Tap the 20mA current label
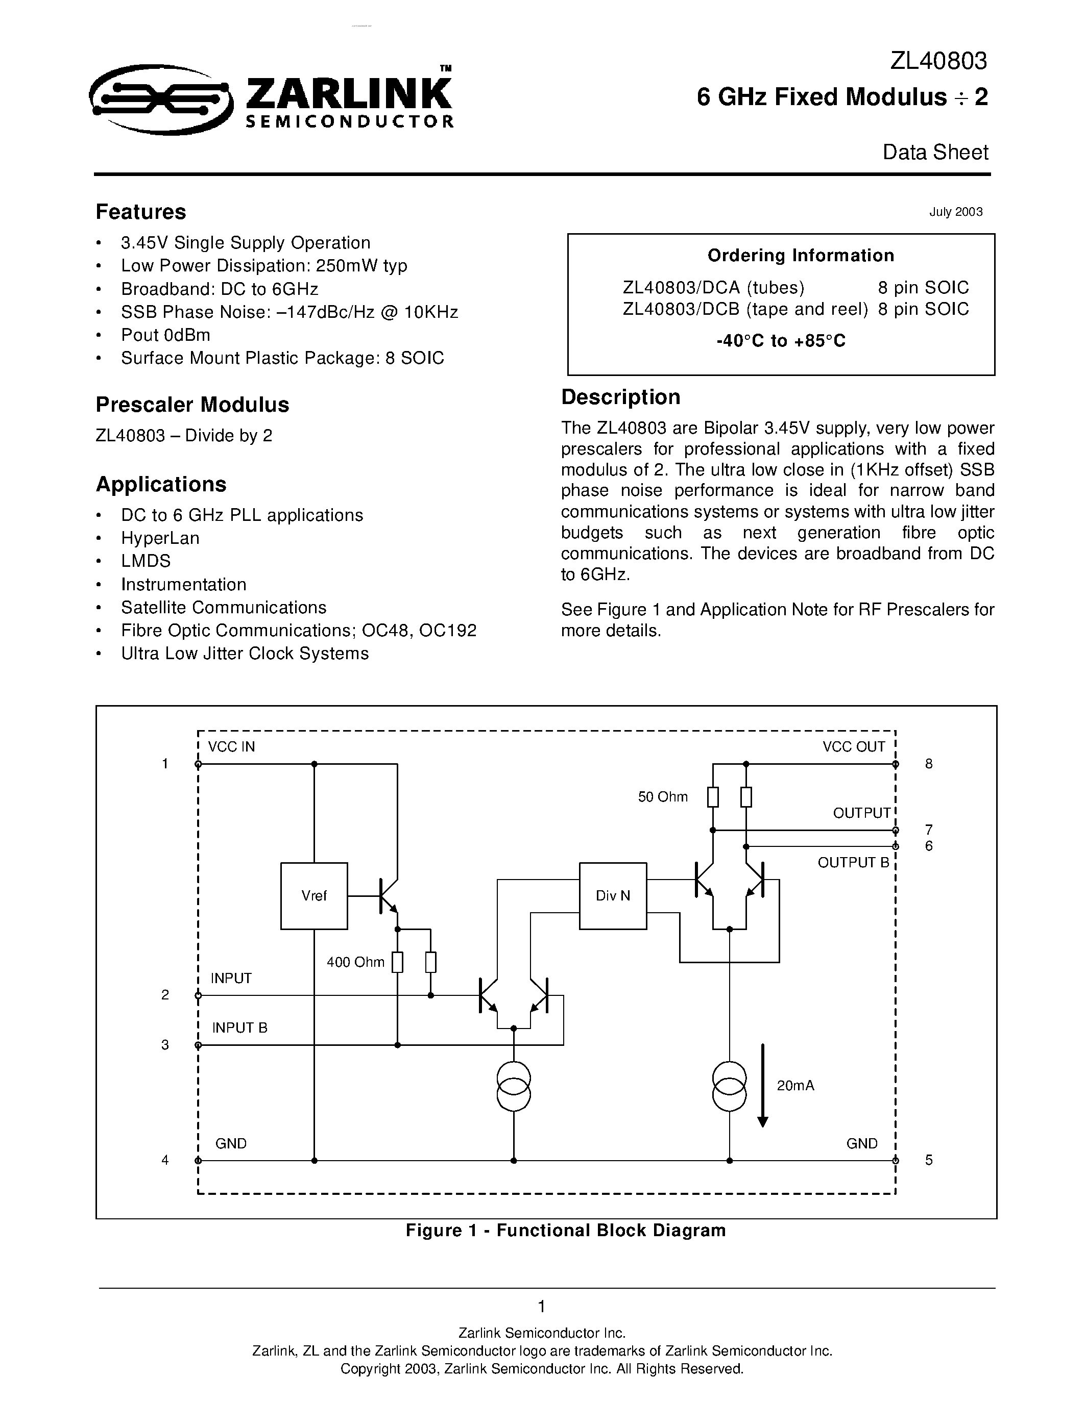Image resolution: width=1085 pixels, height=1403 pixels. (795, 1085)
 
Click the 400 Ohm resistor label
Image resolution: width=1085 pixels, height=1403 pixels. (355, 962)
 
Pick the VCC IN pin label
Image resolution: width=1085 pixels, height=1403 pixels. (231, 746)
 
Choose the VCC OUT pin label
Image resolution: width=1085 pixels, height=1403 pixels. (854, 746)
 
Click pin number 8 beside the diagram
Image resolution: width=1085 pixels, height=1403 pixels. (928, 764)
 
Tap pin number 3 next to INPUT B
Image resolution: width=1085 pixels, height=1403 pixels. (165, 1045)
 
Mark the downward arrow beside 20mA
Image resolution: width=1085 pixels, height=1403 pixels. (763, 1086)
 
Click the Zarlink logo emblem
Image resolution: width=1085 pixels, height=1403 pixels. (159, 99)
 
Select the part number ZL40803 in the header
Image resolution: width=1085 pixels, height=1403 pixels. (938, 61)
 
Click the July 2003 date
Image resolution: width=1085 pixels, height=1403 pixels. (955, 212)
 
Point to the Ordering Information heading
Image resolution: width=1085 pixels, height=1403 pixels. (800, 256)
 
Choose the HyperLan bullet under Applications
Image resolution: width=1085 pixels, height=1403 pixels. (160, 538)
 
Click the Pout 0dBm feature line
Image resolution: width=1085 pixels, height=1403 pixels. (165, 335)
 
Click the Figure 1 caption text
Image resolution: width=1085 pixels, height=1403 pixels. (565, 1230)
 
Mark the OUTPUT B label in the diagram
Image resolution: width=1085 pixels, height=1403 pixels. (853, 863)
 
